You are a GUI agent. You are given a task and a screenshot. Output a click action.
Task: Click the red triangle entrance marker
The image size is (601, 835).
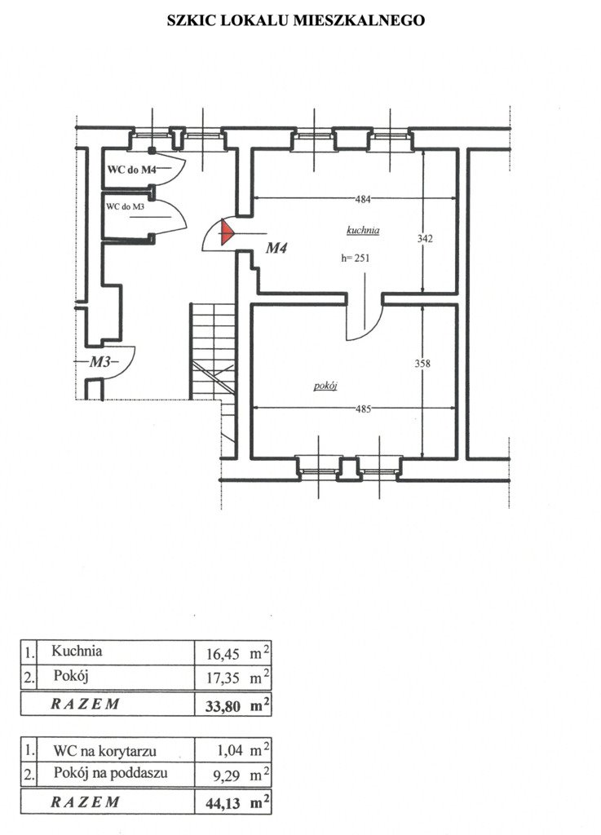point(226,233)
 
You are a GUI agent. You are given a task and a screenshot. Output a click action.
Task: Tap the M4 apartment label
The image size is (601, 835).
point(276,248)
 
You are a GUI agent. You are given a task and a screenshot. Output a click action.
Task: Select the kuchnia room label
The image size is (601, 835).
point(363,231)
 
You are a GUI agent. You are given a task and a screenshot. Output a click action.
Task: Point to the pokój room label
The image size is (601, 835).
point(325,386)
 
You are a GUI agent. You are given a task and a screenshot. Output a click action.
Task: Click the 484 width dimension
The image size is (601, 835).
point(363,200)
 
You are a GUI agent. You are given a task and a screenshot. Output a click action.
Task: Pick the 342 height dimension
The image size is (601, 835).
point(425,239)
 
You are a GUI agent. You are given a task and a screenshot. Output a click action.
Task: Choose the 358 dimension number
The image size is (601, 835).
point(422,364)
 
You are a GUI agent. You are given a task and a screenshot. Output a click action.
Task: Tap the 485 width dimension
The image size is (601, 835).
point(363,409)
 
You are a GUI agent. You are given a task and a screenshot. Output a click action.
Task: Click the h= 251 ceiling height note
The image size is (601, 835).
point(355,258)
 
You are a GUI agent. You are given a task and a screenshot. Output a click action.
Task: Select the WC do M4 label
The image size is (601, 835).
point(132,170)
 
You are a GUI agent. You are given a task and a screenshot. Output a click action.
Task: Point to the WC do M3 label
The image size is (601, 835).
point(125,206)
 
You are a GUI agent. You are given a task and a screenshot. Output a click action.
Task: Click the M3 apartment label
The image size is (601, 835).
point(100,361)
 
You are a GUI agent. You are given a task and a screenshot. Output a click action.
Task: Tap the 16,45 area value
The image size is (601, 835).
point(223,653)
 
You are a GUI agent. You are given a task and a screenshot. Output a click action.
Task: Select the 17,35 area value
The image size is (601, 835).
point(223,678)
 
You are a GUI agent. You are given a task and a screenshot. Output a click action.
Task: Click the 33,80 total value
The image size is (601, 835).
point(223,706)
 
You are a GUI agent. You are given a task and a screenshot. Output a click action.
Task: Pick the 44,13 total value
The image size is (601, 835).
point(223,803)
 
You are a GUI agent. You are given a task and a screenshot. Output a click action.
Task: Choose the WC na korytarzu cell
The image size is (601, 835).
point(104,751)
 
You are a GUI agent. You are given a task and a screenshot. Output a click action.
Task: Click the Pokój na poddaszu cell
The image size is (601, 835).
point(110,773)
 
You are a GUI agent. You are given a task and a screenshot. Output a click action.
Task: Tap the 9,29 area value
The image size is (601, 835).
point(228,775)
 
